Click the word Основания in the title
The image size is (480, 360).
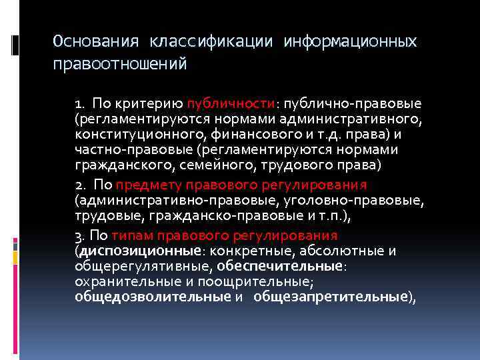tap(96, 42)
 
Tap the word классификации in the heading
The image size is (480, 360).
tap(211, 42)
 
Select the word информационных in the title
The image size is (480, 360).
tap(350, 42)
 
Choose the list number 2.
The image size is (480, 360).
tap(79, 185)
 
